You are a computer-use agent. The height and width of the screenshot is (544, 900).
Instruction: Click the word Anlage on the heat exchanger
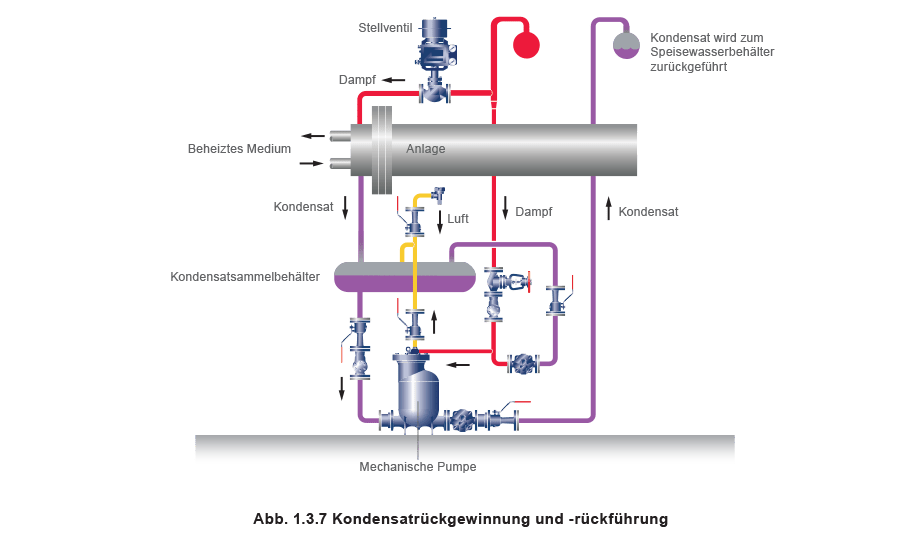(425, 149)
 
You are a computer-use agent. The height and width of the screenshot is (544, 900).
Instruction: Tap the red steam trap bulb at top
(525, 44)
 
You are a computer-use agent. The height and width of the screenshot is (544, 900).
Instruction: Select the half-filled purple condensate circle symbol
(626, 45)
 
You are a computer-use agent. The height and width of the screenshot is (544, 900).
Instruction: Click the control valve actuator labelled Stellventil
(434, 40)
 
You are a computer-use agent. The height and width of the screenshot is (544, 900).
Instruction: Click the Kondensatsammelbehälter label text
(246, 277)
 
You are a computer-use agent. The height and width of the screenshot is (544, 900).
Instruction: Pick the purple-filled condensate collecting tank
(404, 277)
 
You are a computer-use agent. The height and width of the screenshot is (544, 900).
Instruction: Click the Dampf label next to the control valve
(356, 79)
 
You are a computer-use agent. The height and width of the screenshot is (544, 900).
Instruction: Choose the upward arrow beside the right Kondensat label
(607, 209)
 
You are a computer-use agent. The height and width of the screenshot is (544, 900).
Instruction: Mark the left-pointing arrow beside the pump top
(457, 365)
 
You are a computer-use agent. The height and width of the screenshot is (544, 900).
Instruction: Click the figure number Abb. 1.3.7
(289, 519)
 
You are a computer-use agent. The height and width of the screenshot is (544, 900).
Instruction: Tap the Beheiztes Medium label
(238, 149)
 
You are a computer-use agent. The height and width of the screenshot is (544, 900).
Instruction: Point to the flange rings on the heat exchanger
(380, 151)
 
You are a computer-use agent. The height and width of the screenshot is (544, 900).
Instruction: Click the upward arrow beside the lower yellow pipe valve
(434, 322)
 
